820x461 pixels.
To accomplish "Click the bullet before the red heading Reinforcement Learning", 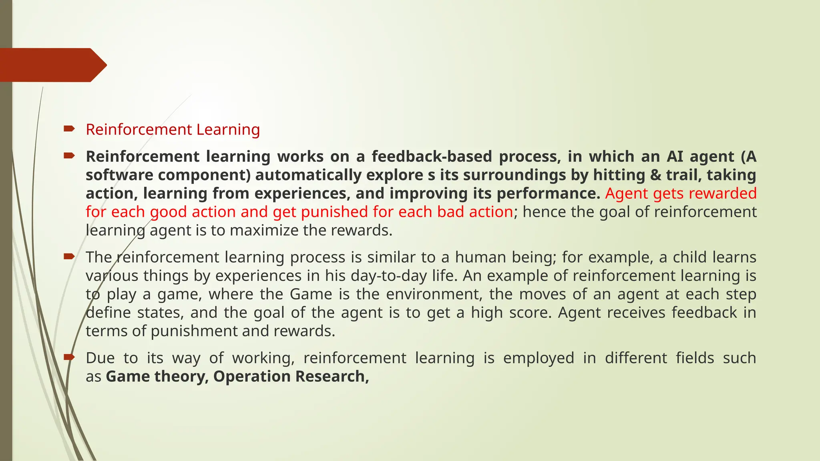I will (69, 128).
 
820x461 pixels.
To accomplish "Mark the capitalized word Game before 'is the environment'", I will (311, 295).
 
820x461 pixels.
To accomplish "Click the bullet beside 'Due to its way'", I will (69, 357).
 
